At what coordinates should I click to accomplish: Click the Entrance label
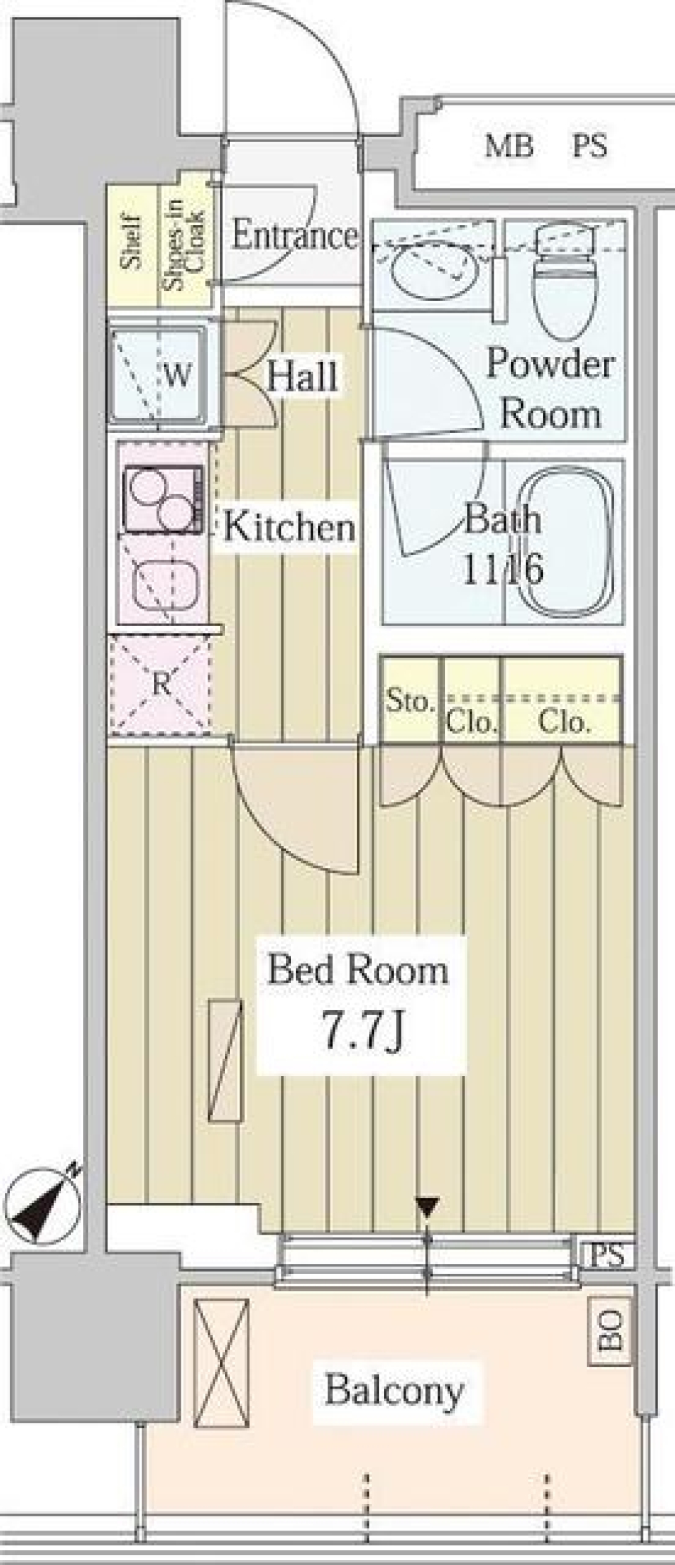coord(294,235)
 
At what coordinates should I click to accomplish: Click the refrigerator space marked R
coord(161,684)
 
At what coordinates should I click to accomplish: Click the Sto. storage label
coord(410,701)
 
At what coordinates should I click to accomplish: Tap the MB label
coord(509,146)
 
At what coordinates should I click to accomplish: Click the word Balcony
coord(394,1390)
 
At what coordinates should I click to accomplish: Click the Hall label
coord(302,376)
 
